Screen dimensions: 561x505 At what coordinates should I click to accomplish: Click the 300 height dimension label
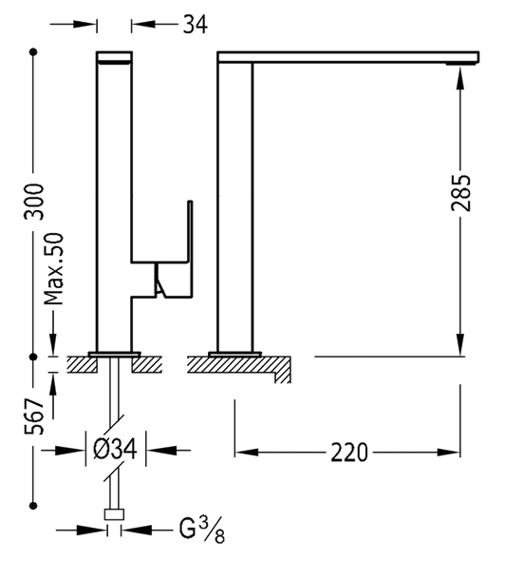tap(34, 202)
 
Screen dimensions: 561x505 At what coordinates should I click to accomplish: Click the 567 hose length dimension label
tap(34, 416)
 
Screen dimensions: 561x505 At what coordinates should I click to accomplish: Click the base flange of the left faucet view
tap(114, 354)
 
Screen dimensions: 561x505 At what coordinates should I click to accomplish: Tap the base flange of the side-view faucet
tap(234, 354)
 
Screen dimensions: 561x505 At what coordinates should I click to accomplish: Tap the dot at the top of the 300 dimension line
tap(34, 53)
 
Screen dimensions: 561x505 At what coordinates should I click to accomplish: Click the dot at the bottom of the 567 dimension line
tap(34, 501)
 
